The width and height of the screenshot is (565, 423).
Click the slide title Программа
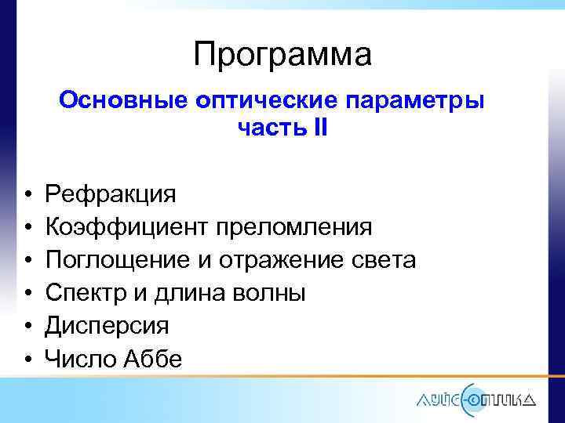pyautogui.click(x=282, y=55)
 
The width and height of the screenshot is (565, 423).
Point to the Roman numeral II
pyautogui.click(x=319, y=128)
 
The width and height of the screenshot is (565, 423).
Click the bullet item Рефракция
pyautogui.click(x=111, y=193)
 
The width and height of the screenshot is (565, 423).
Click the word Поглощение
pyautogui.click(x=117, y=260)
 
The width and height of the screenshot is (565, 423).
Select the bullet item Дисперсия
pyautogui.click(x=107, y=326)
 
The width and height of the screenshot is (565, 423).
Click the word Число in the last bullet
pyautogui.click(x=78, y=359)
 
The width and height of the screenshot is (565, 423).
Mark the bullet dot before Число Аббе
pyautogui.click(x=27, y=360)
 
